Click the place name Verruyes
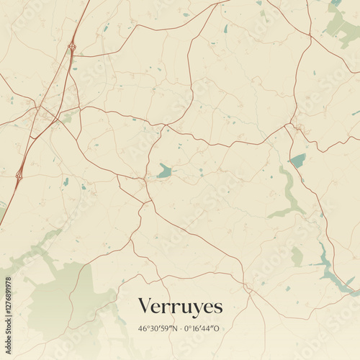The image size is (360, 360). click(180, 306)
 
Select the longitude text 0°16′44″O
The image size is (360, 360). click(204, 328)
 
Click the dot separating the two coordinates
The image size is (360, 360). click(180, 328)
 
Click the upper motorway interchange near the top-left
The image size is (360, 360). click(72, 48)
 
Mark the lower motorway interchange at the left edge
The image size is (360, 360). click(19, 174)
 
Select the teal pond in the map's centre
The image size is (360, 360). click(166, 171)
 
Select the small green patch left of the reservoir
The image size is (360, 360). click(297, 256)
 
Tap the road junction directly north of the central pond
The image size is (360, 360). click(164, 127)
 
